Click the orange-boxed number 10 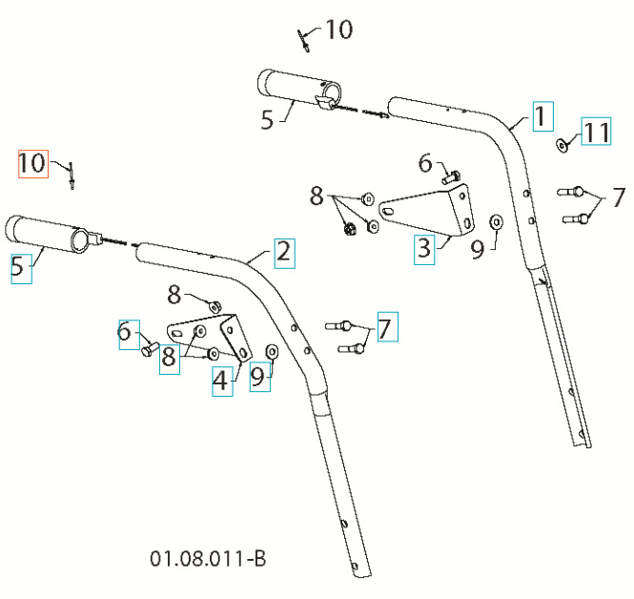point(31,163)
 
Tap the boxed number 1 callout point(541,117)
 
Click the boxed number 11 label point(595,133)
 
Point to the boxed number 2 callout point(283,252)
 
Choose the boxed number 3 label point(424,250)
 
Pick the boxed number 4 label point(221,382)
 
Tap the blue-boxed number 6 point(129,334)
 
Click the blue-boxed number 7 point(385,328)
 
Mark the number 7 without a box point(618,197)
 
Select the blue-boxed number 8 point(168,358)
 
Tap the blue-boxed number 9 point(257,379)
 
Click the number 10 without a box point(338,30)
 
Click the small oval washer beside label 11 point(562,143)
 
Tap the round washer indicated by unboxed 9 point(497,222)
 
